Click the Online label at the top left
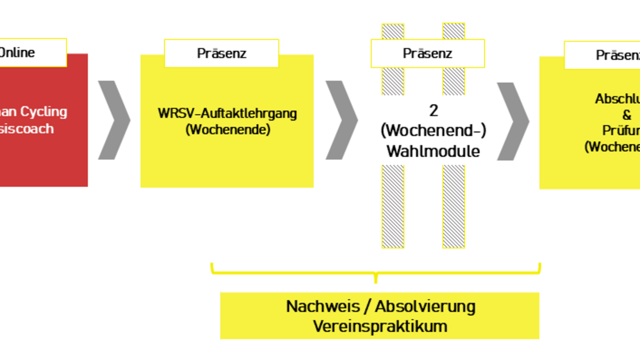(17, 52)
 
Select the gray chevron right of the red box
(114, 120)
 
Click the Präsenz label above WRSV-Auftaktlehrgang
(221, 53)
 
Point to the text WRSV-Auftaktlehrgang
(227, 113)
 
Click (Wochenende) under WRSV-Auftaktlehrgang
(228, 129)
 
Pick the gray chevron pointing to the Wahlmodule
(342, 120)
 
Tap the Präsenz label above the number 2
(427, 53)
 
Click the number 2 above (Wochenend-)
(433, 110)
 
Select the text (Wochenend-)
(433, 131)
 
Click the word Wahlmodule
(433, 151)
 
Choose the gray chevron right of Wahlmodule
(513, 121)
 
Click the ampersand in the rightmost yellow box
(627, 115)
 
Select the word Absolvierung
(425, 307)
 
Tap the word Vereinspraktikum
(380, 326)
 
